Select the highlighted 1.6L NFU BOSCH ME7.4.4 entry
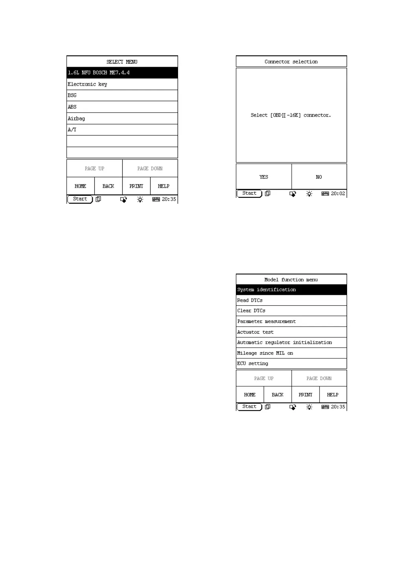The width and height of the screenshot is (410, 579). point(122,73)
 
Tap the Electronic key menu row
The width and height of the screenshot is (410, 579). point(122,84)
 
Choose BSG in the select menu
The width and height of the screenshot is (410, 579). point(122,95)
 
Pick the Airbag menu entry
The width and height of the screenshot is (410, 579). point(122,118)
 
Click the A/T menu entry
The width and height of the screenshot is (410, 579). point(122,130)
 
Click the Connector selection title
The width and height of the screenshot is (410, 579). point(291,62)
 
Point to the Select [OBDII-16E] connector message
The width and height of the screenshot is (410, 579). point(291,115)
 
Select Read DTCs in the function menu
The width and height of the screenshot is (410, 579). point(291,300)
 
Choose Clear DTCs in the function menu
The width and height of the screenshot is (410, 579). point(291,311)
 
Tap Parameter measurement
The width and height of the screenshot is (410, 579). point(291,321)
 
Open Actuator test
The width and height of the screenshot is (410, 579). point(291,332)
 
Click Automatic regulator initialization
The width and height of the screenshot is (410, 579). point(291,342)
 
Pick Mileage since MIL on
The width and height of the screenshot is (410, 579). point(291,353)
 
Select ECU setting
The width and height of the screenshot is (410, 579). point(291,363)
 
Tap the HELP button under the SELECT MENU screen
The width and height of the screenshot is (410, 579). point(164,186)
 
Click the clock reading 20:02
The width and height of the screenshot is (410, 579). point(338,194)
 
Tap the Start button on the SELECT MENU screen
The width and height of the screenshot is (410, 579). point(80,199)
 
